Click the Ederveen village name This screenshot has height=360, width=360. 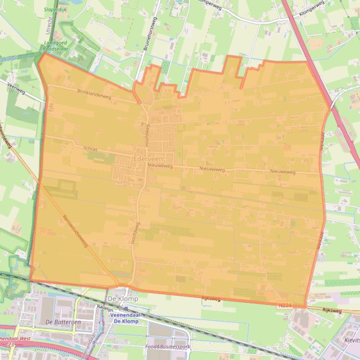[x=148, y=159]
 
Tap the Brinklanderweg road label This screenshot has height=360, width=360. [x=94, y=95]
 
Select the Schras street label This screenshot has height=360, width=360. [x=90, y=149]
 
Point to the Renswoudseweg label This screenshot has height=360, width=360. [x=75, y=230]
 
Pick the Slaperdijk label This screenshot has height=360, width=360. [x=56, y=9]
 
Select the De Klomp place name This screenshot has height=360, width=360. [x=119, y=298]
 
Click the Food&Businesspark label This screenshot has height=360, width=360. [x=168, y=346]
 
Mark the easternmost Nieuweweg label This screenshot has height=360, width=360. [x=282, y=172]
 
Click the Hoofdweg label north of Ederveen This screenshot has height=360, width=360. [x=147, y=136]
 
